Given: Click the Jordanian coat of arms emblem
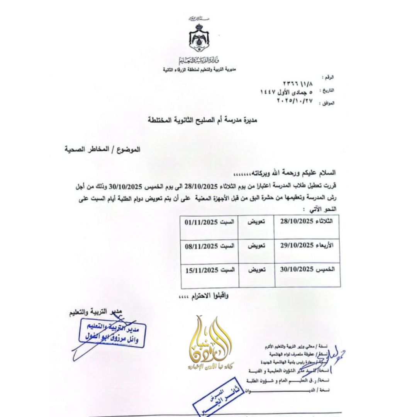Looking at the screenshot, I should tap(198, 39).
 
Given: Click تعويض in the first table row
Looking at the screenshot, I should tap(256, 223).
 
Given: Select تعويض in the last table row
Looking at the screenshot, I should tap(256, 270).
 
